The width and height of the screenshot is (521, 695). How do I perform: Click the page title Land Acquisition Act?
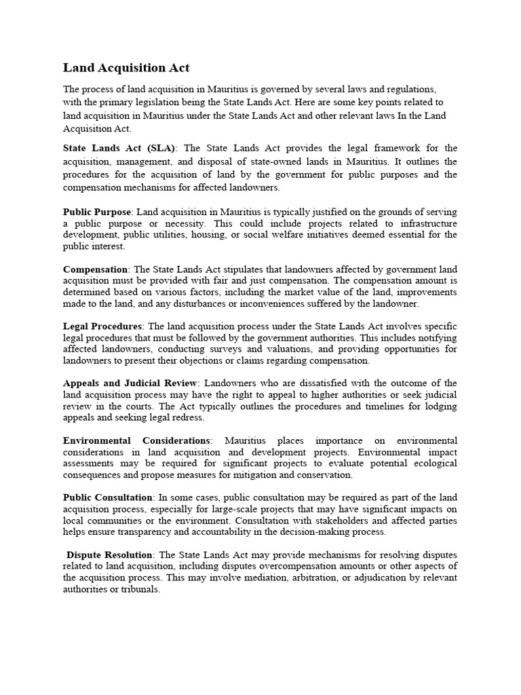tap(126, 68)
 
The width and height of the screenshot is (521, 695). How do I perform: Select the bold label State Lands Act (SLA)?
tap(119, 148)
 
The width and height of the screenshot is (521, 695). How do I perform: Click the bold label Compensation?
tap(95, 269)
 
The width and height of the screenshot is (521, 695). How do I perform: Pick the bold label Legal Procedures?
tap(102, 326)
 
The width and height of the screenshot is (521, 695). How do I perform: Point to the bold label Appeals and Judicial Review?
tap(131, 383)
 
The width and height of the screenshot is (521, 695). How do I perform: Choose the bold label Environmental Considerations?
tap(136, 440)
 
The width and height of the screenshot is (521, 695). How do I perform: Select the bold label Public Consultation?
tap(108, 497)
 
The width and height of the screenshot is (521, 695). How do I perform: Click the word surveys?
tap(236, 349)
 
